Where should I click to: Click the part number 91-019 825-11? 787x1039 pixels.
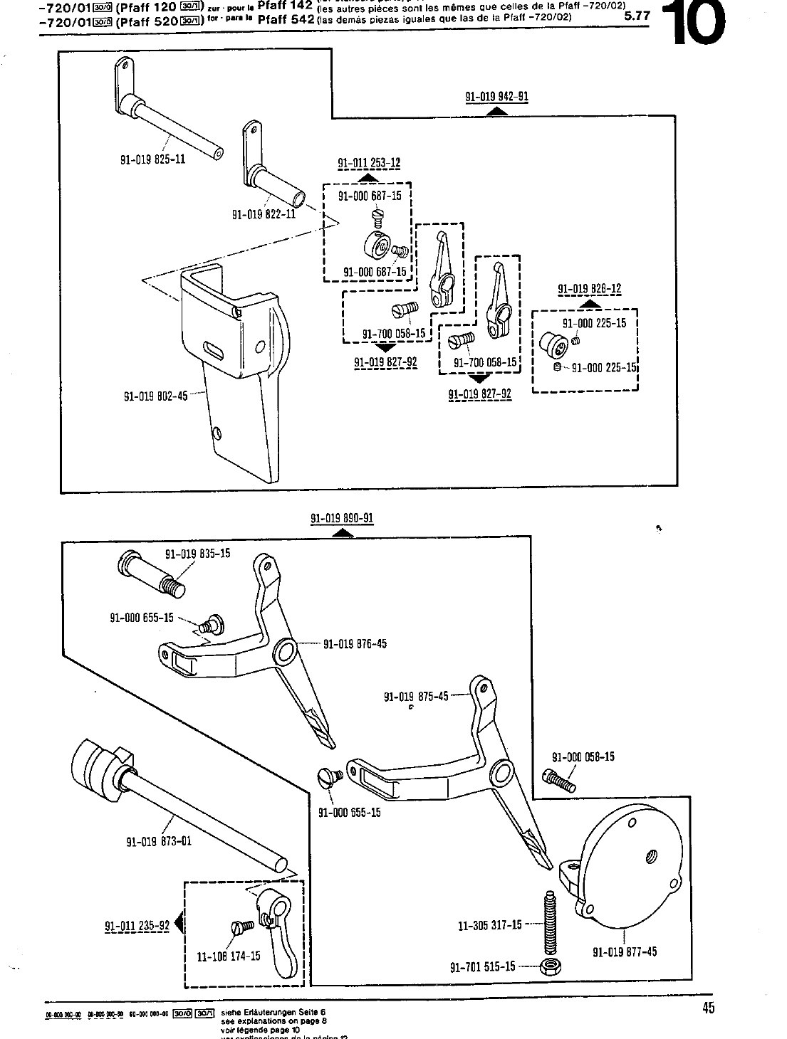[152, 159]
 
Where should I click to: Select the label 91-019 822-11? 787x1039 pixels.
[264, 213]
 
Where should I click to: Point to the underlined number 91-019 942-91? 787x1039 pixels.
[496, 97]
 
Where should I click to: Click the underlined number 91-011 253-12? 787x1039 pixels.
[368, 164]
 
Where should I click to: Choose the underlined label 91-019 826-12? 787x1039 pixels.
[589, 289]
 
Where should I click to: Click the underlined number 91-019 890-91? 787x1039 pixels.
[342, 518]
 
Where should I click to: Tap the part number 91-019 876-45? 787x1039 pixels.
[355, 644]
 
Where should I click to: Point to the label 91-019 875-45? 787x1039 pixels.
[416, 697]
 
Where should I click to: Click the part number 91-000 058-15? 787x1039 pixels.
[583, 757]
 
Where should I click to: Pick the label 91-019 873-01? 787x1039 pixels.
[159, 842]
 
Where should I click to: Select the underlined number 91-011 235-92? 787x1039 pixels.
[137, 926]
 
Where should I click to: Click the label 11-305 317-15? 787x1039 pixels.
[489, 925]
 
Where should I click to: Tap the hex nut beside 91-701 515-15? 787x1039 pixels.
[548, 966]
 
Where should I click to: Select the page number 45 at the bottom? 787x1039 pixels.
[707, 1007]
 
